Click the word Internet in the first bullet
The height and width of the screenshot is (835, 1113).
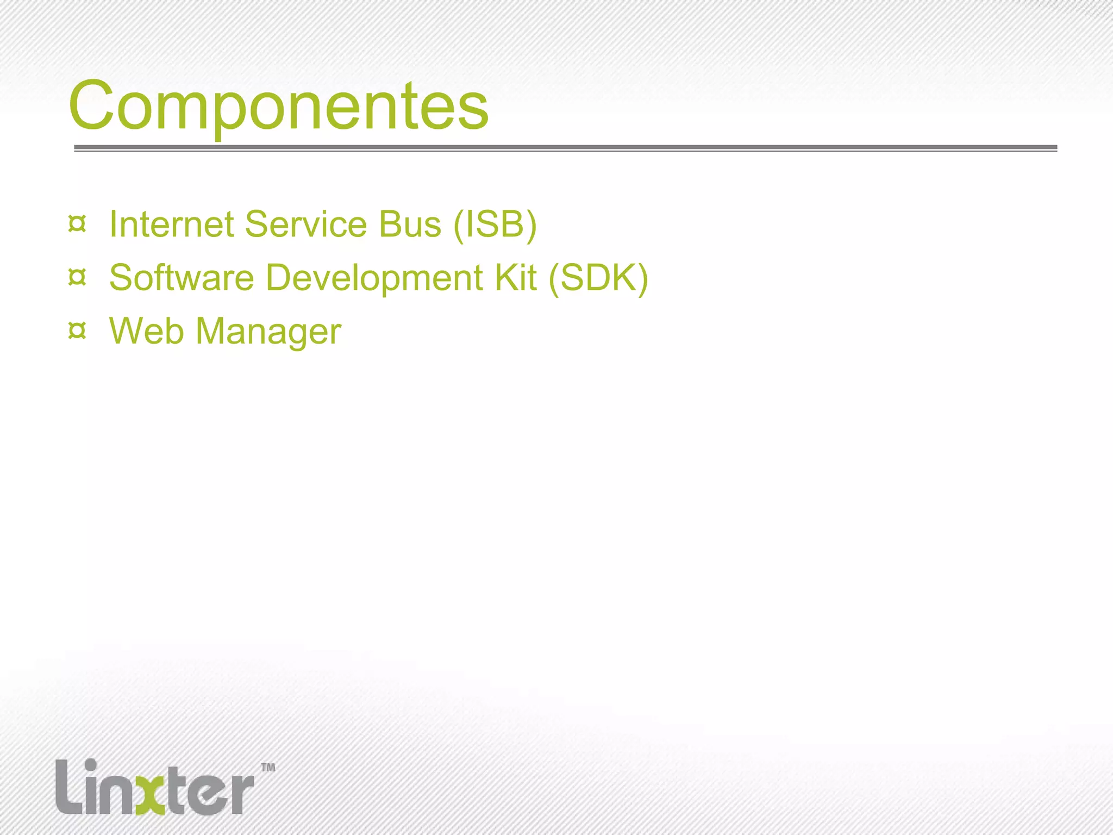171,224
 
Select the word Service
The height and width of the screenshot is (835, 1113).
306,224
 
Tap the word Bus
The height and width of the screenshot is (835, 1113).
410,224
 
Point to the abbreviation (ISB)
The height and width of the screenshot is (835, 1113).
495,225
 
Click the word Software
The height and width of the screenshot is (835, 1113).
182,278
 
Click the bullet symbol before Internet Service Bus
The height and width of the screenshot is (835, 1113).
77,224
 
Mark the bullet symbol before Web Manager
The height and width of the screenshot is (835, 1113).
77,331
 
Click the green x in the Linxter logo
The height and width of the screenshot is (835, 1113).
151,794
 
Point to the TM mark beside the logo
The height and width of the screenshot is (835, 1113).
268,768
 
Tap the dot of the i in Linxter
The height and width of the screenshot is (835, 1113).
91,765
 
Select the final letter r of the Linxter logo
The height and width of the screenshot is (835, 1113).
239,794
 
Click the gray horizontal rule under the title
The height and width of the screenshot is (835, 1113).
565,148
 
